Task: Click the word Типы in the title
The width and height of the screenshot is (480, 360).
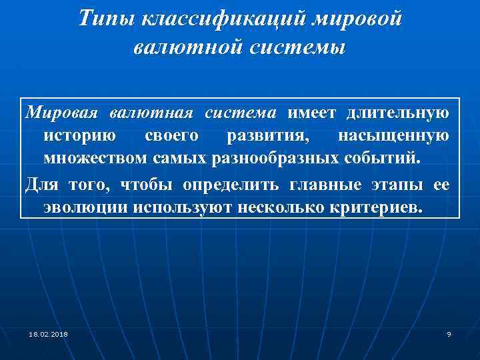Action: [x=107, y=19]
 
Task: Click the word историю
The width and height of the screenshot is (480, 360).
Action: [x=80, y=136]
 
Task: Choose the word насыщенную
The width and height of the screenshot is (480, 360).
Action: [x=393, y=136]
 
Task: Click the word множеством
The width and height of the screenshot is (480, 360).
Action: [x=96, y=159]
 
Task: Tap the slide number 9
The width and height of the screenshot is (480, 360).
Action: [x=449, y=333]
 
